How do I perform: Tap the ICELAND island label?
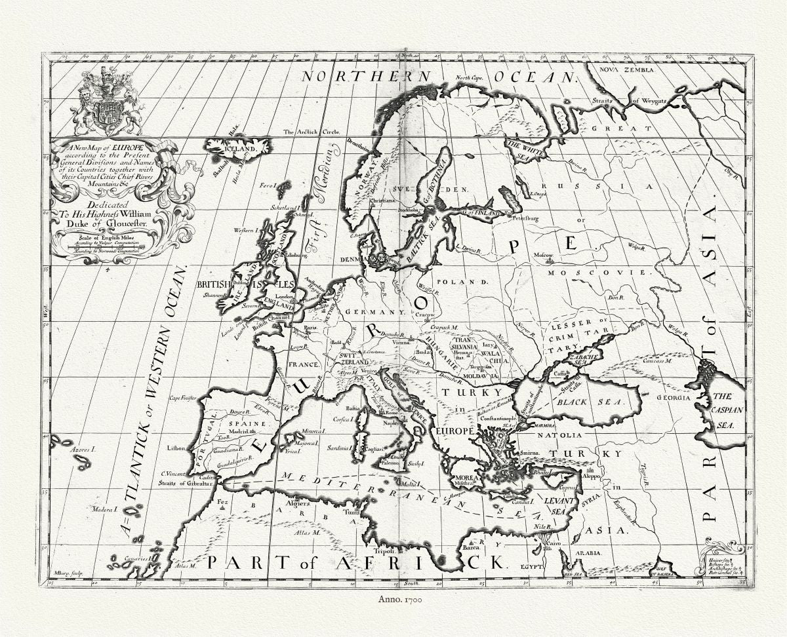239,149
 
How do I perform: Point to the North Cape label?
469,78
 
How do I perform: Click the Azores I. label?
83,450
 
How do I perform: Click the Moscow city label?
544,254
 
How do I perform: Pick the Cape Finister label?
183,398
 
